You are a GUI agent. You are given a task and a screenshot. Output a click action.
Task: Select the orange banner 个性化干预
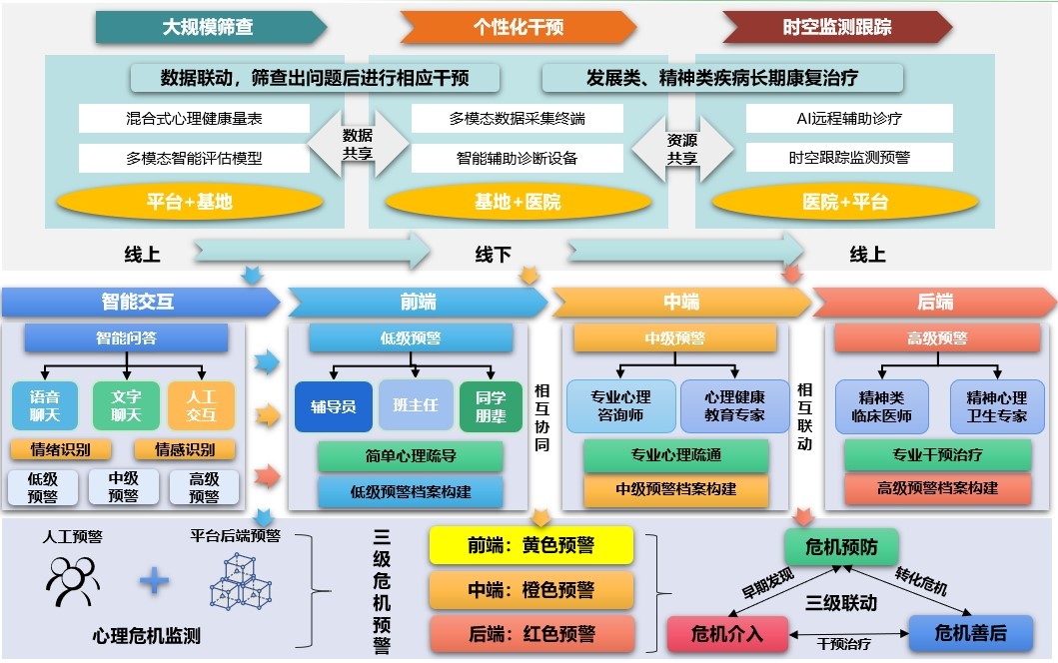[x=517, y=27]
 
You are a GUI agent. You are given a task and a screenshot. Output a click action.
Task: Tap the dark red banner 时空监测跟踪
[x=836, y=27]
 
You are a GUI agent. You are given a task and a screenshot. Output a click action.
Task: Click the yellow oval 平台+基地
[x=189, y=202]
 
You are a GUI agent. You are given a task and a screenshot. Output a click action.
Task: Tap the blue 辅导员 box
[x=334, y=406]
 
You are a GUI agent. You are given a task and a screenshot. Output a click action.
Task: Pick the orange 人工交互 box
[x=201, y=405]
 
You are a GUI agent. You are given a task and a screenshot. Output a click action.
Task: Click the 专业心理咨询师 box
[x=620, y=406]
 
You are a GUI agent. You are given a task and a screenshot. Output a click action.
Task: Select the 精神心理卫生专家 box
[x=989, y=406]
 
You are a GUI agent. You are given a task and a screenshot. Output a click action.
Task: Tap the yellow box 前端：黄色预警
[x=531, y=545]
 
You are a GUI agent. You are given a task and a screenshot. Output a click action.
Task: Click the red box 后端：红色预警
[x=531, y=633]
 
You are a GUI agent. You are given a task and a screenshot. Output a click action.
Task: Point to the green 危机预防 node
[x=841, y=547]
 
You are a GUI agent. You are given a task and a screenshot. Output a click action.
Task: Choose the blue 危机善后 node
[x=970, y=633]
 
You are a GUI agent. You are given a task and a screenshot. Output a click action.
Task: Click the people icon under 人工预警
[x=73, y=579]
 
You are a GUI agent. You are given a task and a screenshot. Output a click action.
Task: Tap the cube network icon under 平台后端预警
[x=240, y=579]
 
